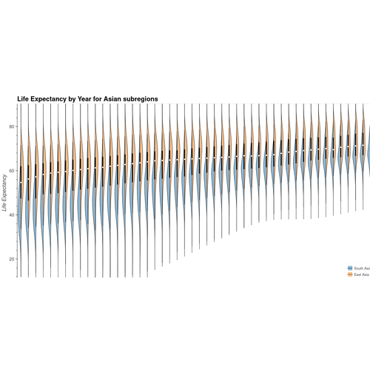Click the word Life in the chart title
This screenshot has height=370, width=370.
[23, 98]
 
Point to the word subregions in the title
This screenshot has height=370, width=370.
[141, 98]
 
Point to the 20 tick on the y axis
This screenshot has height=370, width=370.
[11, 259]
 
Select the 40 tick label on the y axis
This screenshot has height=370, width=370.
[11, 215]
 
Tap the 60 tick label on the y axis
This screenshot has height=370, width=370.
[11, 171]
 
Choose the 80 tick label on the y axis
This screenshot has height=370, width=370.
[11, 127]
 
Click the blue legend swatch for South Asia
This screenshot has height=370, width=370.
[349, 267]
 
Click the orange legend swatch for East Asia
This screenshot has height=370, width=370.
[349, 274]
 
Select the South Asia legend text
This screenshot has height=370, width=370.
[362, 267]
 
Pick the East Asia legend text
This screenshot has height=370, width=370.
[362, 274]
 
